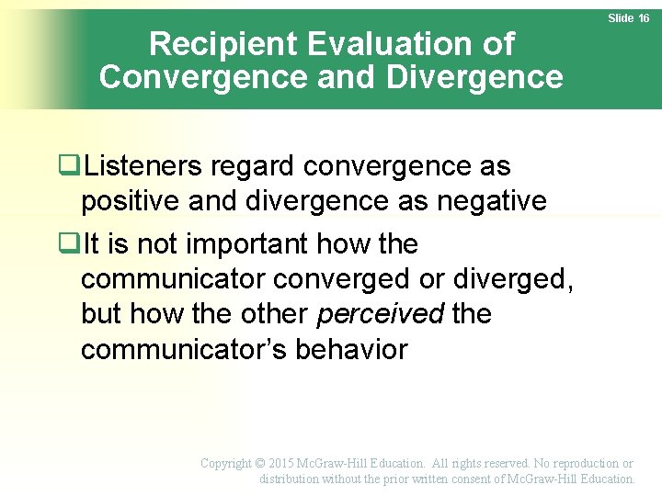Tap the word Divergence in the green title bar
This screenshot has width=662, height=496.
475,77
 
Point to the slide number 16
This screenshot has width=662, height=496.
643,18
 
